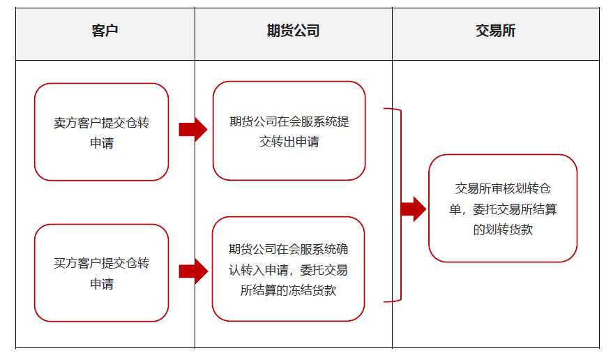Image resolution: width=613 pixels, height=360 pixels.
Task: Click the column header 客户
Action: click(105, 31)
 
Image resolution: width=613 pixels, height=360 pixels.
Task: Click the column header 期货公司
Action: click(293, 31)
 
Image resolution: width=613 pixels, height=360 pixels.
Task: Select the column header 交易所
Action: click(495, 31)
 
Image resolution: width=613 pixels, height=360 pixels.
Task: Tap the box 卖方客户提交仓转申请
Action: click(101, 133)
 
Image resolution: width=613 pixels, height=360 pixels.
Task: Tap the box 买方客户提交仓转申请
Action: click(101, 273)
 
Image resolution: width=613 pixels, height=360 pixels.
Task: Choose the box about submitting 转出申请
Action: click(289, 131)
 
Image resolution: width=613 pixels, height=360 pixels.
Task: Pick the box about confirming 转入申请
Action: click(288, 269)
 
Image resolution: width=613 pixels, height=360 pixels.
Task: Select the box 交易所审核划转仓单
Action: click(502, 208)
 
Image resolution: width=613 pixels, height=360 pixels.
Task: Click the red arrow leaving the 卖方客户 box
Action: click(192, 129)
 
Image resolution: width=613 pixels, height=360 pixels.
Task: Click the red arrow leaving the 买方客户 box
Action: click(192, 271)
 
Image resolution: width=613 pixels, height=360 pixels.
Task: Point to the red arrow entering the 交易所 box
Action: click(413, 209)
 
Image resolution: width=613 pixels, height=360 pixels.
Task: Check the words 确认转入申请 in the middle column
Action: click(276, 269)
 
